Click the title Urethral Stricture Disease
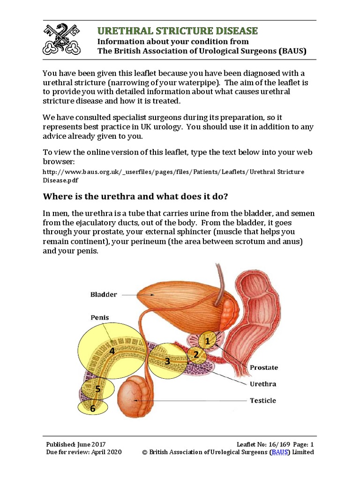[177, 31]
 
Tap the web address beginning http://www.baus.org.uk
[173, 176]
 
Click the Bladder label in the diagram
[104, 294]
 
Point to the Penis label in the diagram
[99, 317]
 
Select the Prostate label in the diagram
[263, 367]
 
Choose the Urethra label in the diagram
[262, 384]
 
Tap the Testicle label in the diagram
[262, 401]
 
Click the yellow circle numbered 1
[208, 341]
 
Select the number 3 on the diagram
[167, 361]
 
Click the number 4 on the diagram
[112, 351]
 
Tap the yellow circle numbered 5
[97, 389]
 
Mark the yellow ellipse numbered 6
[92, 408]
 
